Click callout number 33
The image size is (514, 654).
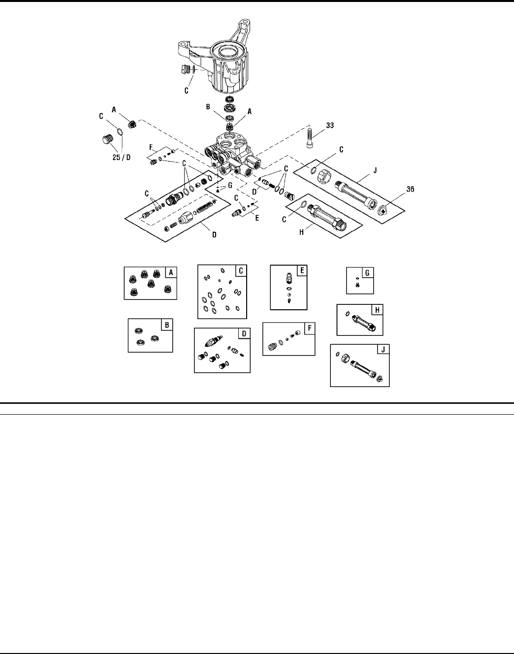[x=329, y=125]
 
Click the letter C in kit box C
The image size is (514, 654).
[x=241, y=270]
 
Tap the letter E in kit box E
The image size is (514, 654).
[x=302, y=270]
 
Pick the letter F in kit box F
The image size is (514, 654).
[x=310, y=328]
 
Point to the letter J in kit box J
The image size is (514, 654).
[x=384, y=350]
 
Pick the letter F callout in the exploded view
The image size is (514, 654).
[x=152, y=147]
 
